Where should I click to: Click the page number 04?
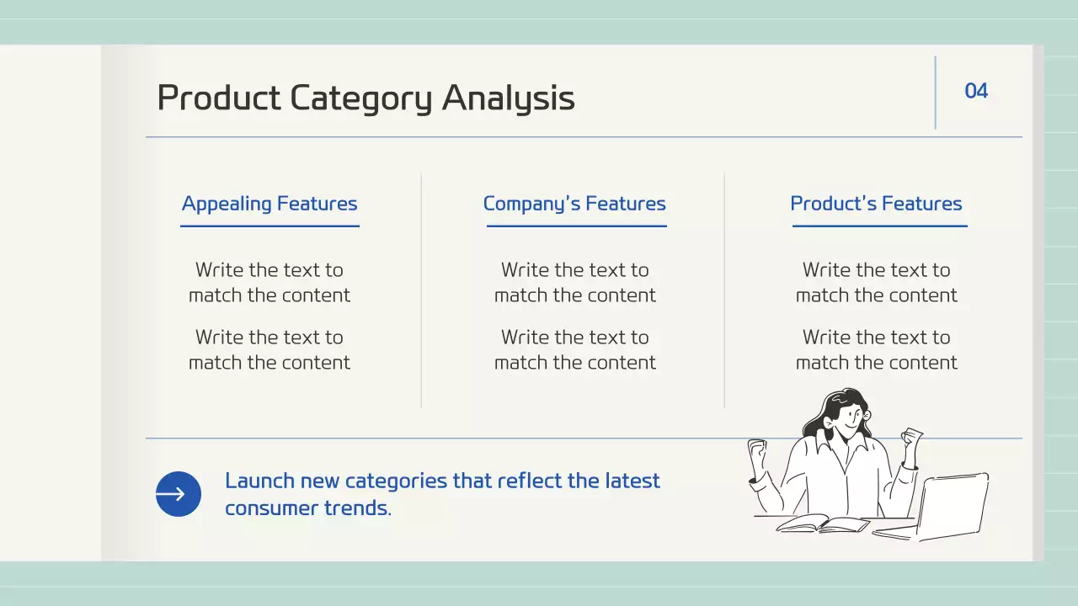click(x=976, y=91)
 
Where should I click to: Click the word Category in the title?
click(x=361, y=98)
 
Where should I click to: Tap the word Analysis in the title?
click(x=508, y=98)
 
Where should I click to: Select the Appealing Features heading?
click(x=269, y=204)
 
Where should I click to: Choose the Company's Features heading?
click(x=574, y=204)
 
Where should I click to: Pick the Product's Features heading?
click(x=877, y=204)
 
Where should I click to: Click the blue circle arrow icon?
click(x=178, y=494)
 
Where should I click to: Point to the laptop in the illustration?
click(x=931, y=508)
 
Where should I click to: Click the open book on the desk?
click(x=823, y=524)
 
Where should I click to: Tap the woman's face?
click(x=850, y=417)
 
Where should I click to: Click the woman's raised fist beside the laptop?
click(x=911, y=437)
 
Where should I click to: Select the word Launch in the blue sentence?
click(x=259, y=481)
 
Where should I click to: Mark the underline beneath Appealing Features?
click(x=270, y=226)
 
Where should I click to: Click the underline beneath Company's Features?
click(x=577, y=226)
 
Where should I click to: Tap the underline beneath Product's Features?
click(x=880, y=226)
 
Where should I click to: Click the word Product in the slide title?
click(x=219, y=98)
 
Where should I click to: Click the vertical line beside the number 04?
click(x=936, y=93)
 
